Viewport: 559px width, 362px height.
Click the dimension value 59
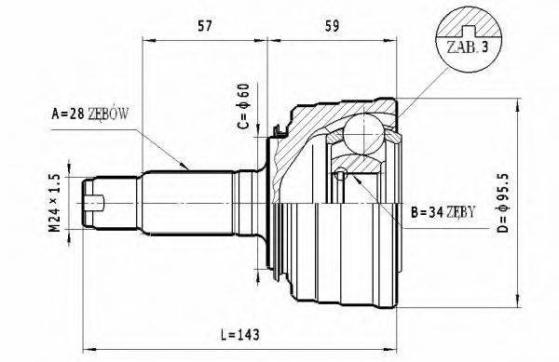coord(331,25)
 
